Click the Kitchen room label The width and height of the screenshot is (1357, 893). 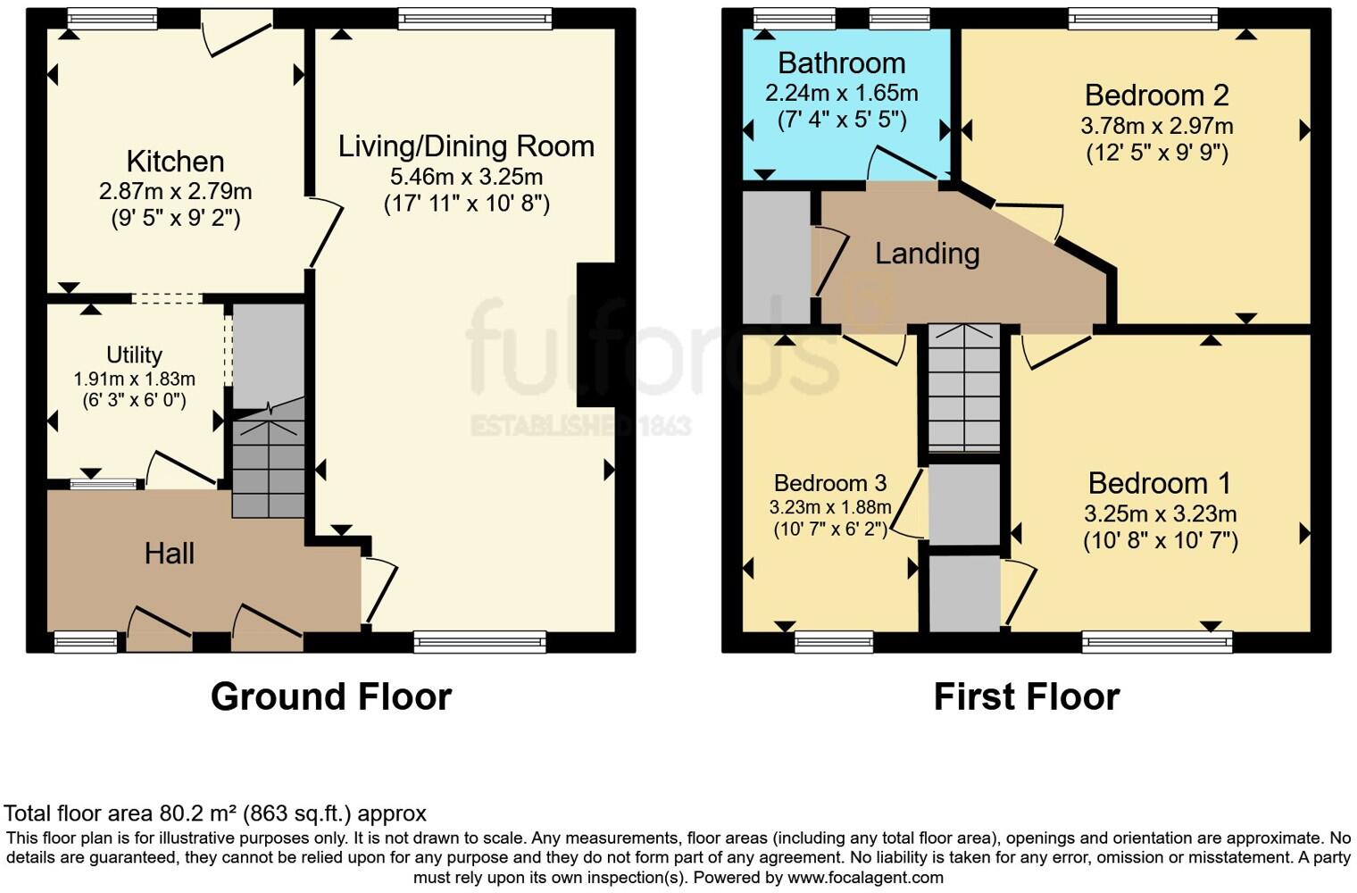[175, 162]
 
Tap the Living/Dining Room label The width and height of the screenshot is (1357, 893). [465, 146]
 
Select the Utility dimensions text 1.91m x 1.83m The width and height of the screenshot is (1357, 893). [134, 379]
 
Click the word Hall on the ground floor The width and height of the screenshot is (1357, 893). [170, 554]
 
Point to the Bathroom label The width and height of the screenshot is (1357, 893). [841, 63]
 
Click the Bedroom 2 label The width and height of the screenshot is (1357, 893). [1156, 96]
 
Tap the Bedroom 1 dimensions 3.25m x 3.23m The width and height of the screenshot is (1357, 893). [1160, 513]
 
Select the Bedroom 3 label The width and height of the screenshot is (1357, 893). [829, 483]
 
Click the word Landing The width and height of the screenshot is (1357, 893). [927, 254]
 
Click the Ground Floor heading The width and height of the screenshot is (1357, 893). [330, 697]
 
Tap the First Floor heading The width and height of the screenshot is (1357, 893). [1026, 697]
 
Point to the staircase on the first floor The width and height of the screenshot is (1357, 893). [964, 388]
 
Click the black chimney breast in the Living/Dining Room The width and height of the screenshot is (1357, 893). [595, 335]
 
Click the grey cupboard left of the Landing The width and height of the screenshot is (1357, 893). [777, 256]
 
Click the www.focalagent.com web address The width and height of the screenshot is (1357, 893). [865, 877]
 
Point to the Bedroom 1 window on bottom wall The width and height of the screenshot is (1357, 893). [1157, 640]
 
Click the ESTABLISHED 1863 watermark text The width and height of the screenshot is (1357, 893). [580, 425]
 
